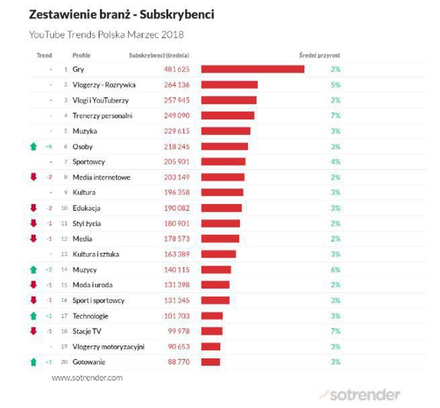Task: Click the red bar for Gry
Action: pos(253,69)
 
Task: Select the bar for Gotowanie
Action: pos(210,362)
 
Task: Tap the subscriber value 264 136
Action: pos(177,85)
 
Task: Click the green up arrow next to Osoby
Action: pos(32,146)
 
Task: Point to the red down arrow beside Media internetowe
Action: pos(32,177)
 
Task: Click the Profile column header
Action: pos(81,55)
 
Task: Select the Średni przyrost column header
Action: pos(319,55)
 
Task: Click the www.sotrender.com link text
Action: pos(87,378)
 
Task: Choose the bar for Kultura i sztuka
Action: pos(219,254)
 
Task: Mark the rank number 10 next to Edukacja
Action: pos(64,208)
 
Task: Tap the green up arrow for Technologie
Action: pos(32,316)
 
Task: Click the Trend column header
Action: pos(44,55)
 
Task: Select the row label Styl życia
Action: pos(87,223)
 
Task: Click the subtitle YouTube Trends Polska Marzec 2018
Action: pos(106,34)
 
